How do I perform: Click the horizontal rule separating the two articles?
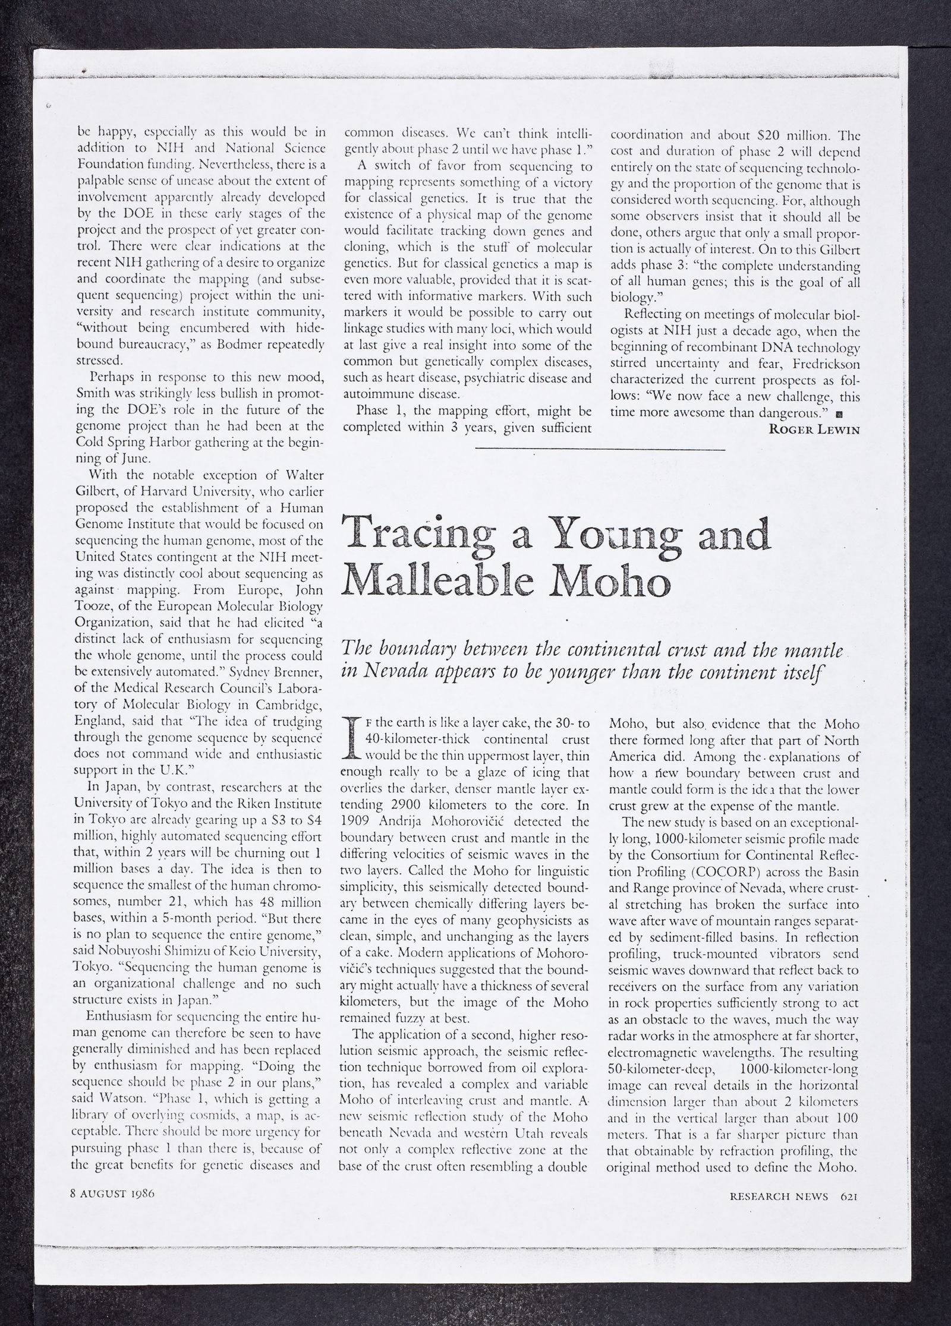point(600,450)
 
